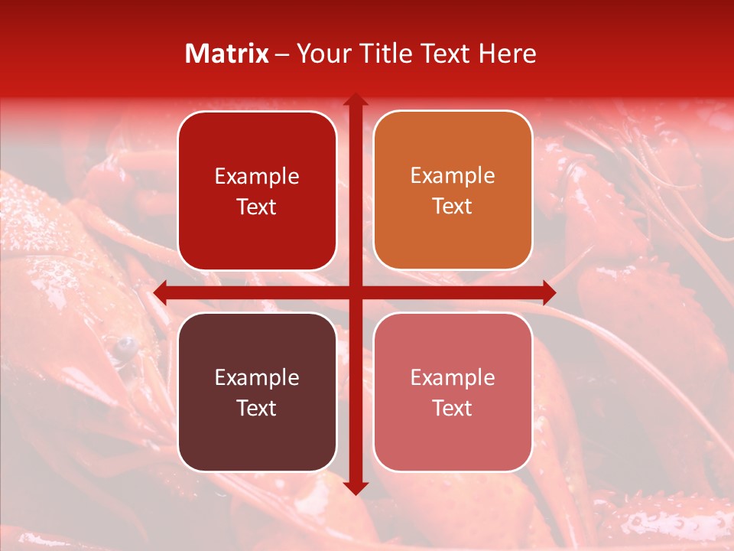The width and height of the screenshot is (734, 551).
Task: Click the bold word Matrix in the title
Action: coord(227,54)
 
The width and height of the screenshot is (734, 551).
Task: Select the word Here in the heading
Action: coord(507,54)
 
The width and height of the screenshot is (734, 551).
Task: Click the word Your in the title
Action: coord(322,54)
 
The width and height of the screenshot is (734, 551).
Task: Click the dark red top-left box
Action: coord(257,191)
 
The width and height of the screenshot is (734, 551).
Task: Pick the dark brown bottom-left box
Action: coord(257,392)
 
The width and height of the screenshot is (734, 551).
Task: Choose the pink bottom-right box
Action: coord(453,392)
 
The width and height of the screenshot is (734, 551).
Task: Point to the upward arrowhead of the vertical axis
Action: coord(356,100)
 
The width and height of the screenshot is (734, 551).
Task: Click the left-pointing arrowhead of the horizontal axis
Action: coord(161,292)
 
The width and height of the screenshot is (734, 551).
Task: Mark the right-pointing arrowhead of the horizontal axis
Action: coord(548,292)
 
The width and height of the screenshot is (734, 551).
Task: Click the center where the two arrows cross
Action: coord(356,292)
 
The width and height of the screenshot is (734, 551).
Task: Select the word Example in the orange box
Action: coord(453,175)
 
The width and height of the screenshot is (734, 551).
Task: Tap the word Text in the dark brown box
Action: coord(257,408)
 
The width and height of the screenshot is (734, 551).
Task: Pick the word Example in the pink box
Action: coord(453,377)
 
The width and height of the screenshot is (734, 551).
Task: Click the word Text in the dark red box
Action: coord(257,207)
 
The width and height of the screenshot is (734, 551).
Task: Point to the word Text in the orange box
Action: coord(453,206)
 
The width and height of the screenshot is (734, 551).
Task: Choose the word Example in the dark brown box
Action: coord(257,377)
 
